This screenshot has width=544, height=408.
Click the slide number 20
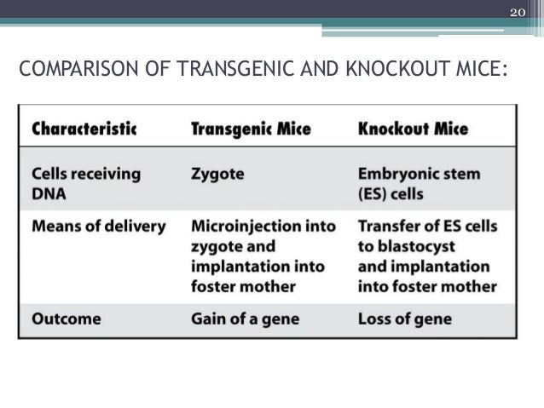[x=517, y=12]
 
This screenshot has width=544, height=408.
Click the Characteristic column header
[x=84, y=129]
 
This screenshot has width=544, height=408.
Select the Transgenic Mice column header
[x=251, y=129]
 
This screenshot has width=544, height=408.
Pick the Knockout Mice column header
[x=413, y=129]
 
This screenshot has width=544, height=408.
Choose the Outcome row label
[x=66, y=319]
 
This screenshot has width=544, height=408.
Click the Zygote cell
[x=217, y=174]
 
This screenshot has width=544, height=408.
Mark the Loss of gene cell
[x=405, y=319]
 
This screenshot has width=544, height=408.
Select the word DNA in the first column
[x=49, y=193]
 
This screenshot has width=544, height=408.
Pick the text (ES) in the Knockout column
[x=375, y=193]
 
